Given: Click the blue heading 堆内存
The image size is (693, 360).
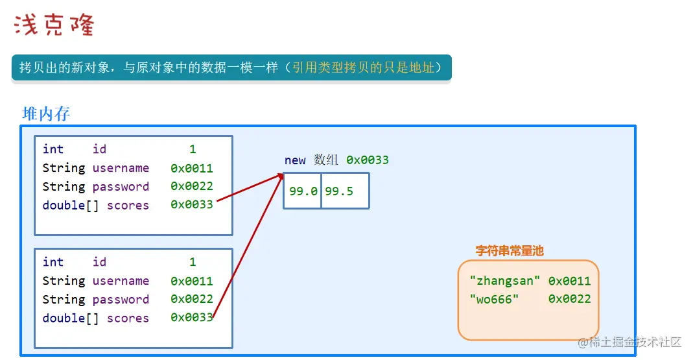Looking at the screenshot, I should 46,114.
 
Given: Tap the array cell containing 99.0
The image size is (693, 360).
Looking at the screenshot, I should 302,191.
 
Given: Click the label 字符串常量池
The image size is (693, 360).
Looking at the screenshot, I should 510,251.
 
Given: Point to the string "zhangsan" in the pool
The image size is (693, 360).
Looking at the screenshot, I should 505,281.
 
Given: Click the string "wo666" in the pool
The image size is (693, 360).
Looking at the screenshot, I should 493,299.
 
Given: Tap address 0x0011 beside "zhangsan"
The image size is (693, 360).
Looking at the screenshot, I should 569,281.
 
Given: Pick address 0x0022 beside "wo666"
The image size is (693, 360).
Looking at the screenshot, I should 569,299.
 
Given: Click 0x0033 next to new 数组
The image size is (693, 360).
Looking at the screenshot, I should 368,160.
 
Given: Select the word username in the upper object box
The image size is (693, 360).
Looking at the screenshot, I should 121,168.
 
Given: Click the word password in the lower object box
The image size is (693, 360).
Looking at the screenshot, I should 121,300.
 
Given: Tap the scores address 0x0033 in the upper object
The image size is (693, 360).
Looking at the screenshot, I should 192,206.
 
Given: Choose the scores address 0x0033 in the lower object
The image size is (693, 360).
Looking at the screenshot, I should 192,318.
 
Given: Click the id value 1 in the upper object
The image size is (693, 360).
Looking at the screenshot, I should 193,149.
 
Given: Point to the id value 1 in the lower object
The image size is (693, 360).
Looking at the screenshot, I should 193,262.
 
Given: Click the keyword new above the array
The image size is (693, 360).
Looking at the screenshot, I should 295,160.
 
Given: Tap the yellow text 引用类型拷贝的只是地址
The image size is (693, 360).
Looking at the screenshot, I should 363,67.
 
